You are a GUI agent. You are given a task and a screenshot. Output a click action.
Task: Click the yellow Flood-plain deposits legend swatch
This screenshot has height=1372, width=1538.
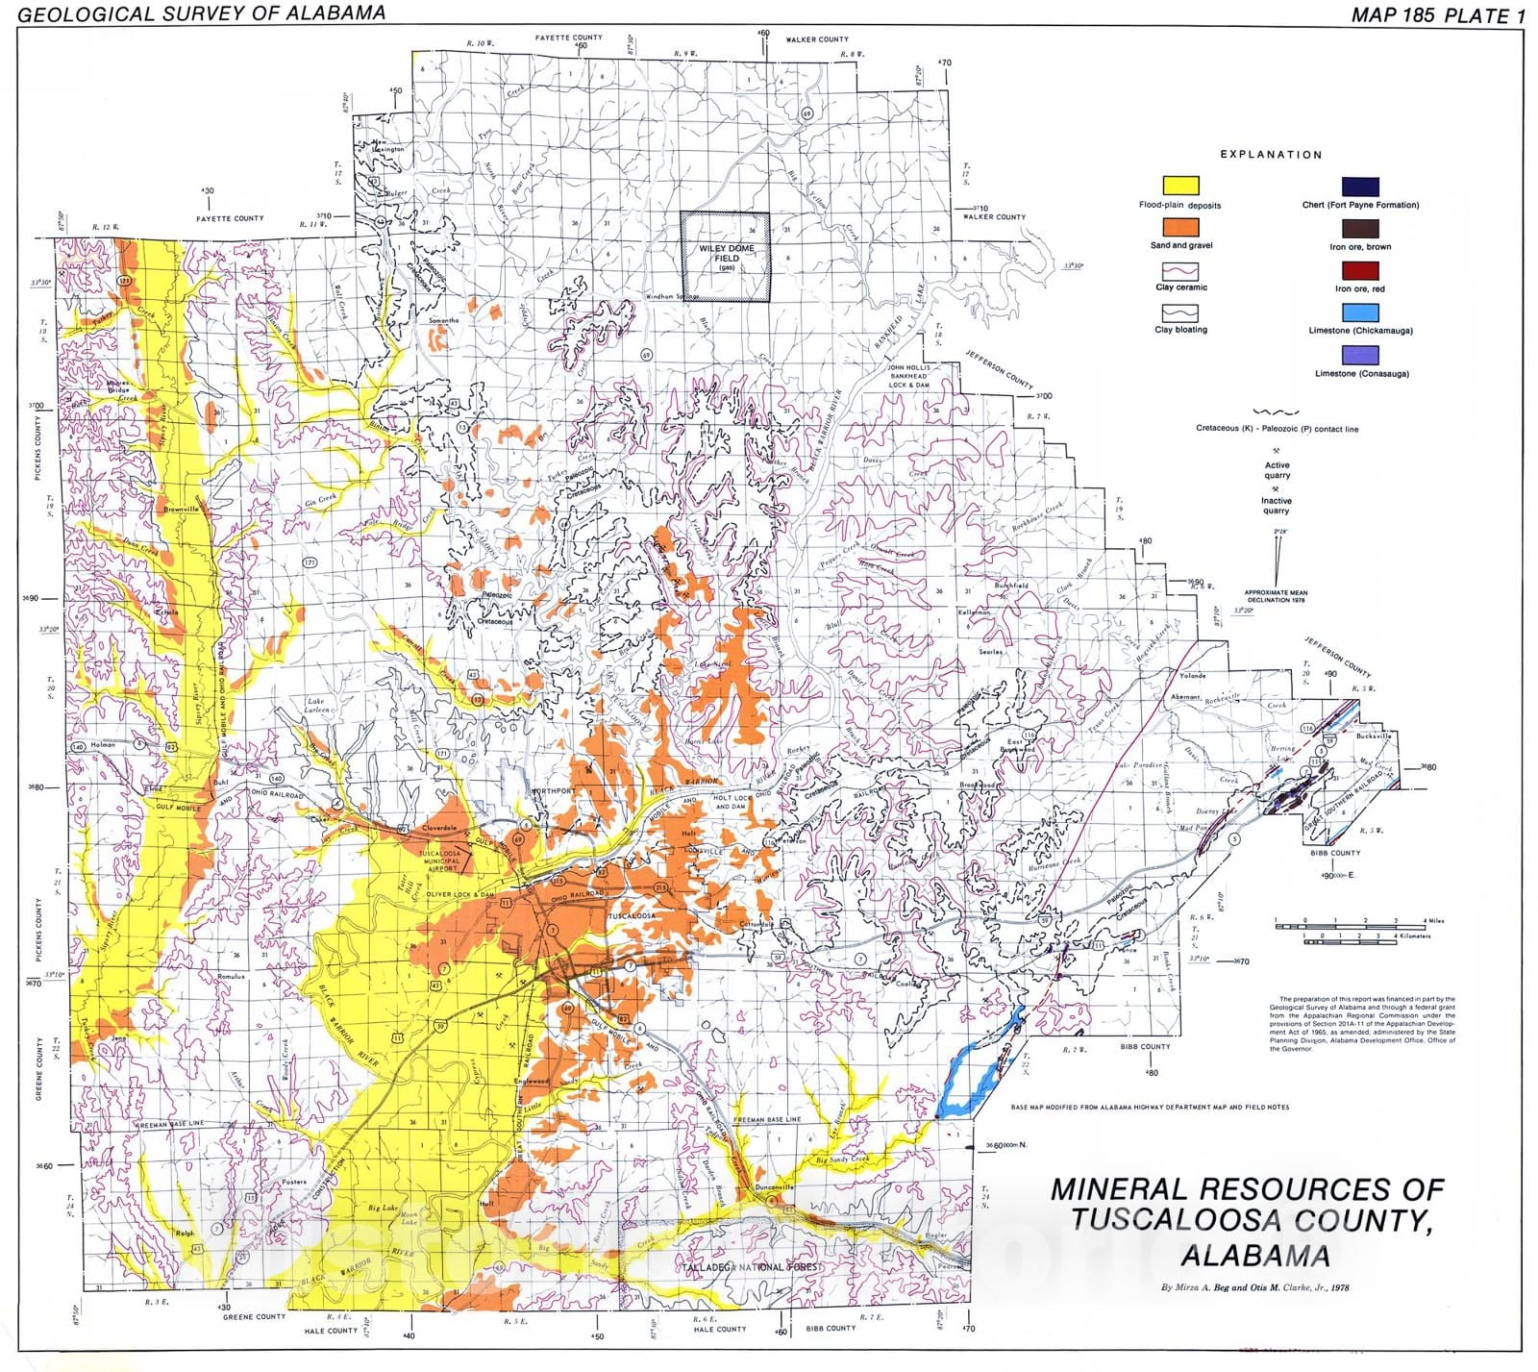(1180, 186)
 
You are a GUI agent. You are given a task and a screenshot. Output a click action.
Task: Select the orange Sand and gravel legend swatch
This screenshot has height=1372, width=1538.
(1180, 227)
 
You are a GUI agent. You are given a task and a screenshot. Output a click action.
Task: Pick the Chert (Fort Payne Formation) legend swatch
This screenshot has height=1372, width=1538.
(1360, 186)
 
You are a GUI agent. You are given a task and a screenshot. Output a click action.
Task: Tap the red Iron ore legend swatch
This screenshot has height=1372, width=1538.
(1360, 270)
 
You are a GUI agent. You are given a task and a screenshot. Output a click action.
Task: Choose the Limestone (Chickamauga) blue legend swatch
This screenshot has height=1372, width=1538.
(1360, 312)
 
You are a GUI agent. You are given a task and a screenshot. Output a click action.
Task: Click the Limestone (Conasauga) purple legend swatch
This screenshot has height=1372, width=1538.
(1360, 355)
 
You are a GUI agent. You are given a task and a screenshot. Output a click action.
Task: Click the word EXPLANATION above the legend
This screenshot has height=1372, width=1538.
(1271, 154)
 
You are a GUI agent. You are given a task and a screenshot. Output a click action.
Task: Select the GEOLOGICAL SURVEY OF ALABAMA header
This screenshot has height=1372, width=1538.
(202, 13)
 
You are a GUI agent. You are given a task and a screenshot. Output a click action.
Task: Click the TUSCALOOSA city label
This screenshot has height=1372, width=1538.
(631, 916)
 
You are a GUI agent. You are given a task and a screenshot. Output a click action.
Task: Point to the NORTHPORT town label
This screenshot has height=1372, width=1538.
(553, 791)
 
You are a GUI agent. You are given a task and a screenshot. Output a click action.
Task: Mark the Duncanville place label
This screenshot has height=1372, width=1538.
(775, 1187)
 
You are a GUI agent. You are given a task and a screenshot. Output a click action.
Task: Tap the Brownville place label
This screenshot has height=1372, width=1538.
(181, 509)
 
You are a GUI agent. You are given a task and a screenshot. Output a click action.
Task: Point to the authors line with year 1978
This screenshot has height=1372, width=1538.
(1255, 1287)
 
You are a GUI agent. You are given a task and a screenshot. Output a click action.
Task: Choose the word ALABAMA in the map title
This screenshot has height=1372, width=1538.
(1255, 1256)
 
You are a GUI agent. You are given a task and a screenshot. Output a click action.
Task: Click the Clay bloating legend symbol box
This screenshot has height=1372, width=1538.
(1180, 312)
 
